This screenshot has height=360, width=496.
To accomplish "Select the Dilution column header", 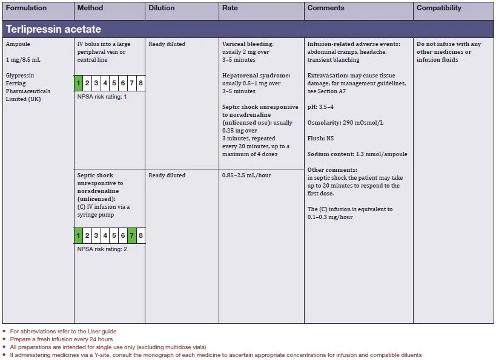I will click(x=161, y=8).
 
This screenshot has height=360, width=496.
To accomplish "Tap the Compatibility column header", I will click(x=438, y=8).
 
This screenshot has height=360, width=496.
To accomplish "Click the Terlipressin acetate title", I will click(x=53, y=29).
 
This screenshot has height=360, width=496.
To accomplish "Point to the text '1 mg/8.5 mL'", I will click(x=23, y=60).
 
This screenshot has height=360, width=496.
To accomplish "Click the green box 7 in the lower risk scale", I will click(x=131, y=235).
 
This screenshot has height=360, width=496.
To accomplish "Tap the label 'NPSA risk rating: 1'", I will click(x=102, y=97).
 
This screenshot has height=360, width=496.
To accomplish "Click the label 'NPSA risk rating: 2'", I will click(x=102, y=249).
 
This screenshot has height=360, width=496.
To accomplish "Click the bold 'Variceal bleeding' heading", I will click(x=248, y=44).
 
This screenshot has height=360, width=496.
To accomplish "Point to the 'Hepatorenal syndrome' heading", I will click(x=256, y=76).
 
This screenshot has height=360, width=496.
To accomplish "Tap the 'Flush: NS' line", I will click(x=321, y=139).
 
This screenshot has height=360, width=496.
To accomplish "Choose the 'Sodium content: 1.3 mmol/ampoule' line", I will click(x=357, y=154).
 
